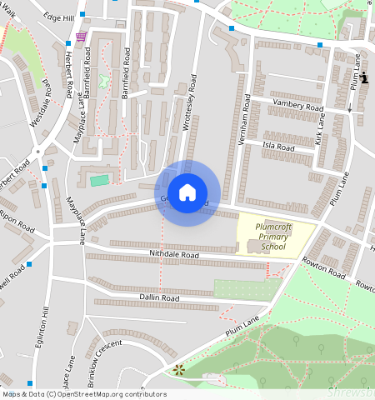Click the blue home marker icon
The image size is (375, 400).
(187, 192)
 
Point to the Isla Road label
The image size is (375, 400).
(278, 147)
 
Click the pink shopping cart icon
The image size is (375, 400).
(81, 37)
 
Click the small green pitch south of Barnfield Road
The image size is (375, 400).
(100, 180)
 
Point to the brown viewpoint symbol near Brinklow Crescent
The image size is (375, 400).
(177, 369)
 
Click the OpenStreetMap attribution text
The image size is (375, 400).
(83, 394)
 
